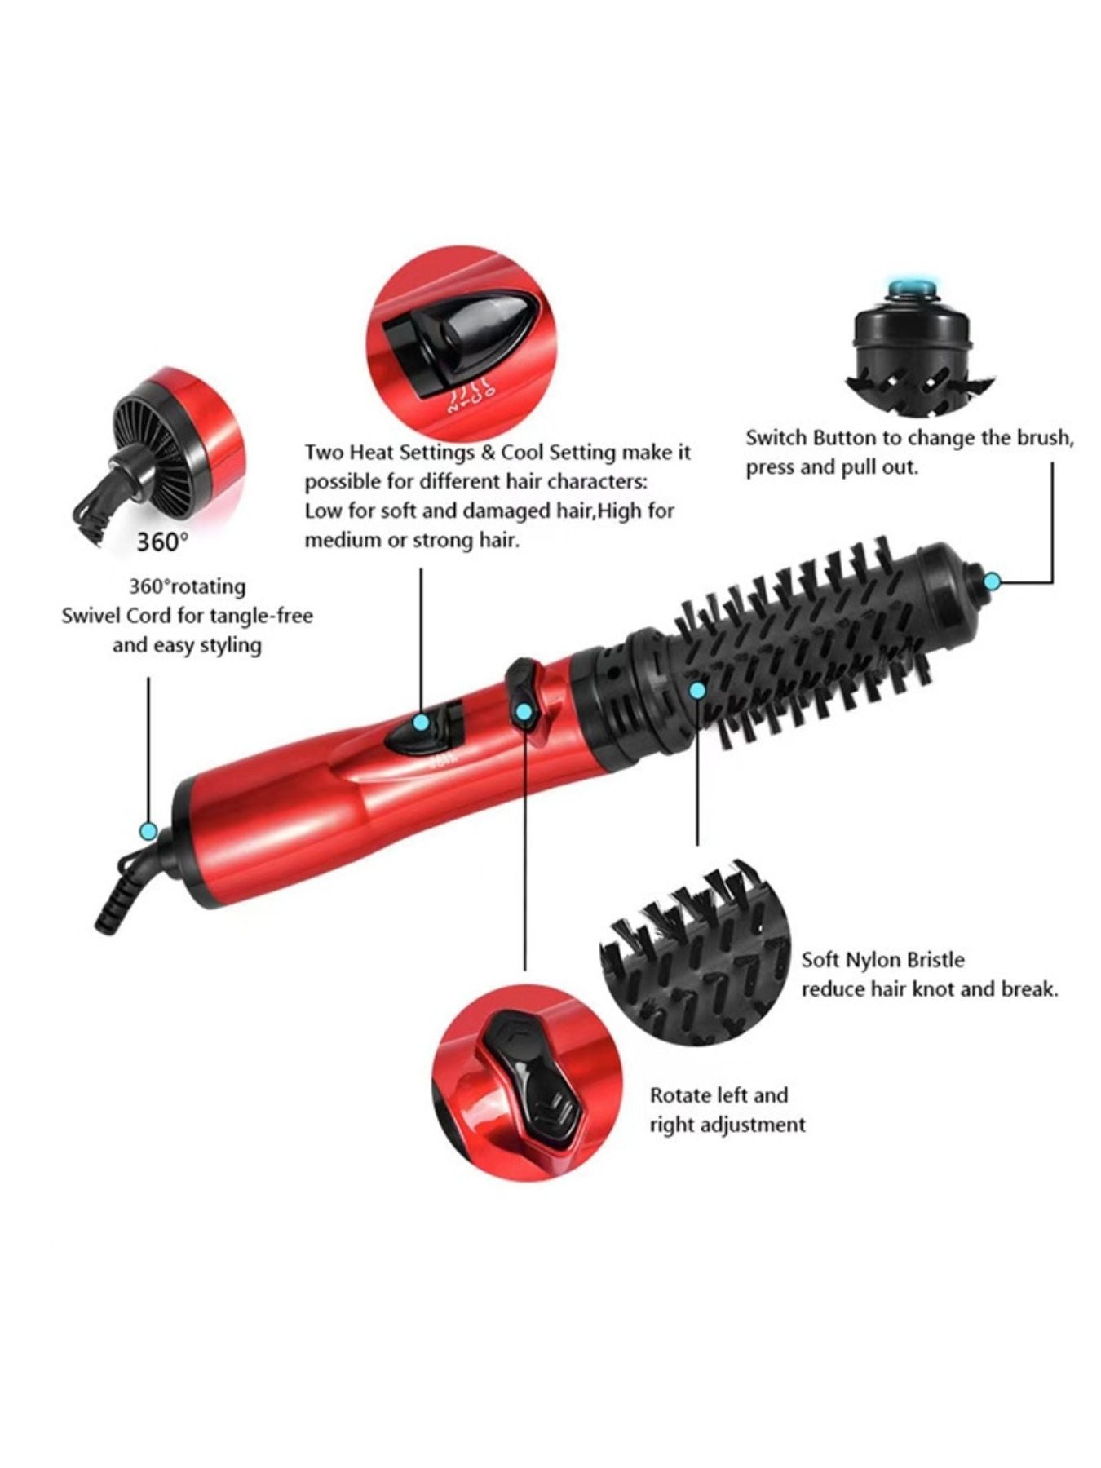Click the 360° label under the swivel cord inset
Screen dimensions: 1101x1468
(162, 542)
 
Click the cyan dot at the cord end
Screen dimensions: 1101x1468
(148, 831)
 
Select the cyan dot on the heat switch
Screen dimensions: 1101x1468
(421, 722)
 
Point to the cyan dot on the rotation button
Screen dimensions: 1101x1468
(524, 712)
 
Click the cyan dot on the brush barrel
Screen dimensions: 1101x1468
(696, 690)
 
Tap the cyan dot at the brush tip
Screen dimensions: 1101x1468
(993, 581)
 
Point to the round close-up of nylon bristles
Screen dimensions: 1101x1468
(695, 953)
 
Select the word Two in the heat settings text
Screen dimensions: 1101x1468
(324, 452)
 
